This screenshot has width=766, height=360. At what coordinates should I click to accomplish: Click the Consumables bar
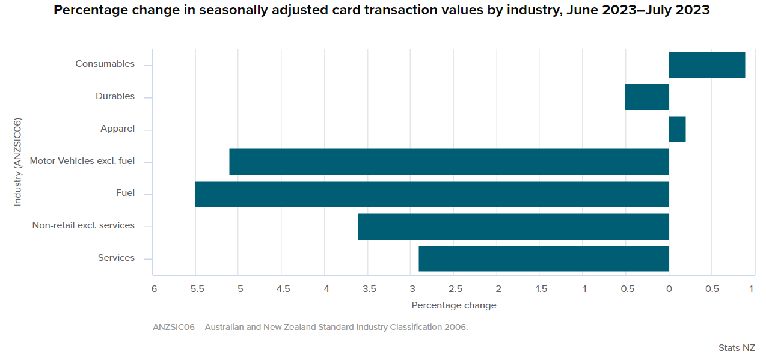click(x=706, y=65)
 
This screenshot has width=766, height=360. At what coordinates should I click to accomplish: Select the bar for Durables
click(x=647, y=97)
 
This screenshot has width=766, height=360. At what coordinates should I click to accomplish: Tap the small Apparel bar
click(x=677, y=129)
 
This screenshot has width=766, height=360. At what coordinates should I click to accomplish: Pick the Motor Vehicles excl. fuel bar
click(x=449, y=162)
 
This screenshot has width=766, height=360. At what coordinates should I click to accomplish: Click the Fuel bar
click(x=432, y=194)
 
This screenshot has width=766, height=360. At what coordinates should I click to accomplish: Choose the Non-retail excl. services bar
click(x=513, y=227)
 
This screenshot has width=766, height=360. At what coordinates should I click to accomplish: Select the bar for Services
click(x=544, y=258)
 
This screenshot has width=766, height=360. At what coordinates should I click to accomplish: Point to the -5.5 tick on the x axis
click(x=196, y=289)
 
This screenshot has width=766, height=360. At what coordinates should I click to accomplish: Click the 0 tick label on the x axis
click(x=669, y=289)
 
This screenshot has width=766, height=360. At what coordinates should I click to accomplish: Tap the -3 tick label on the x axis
click(x=411, y=289)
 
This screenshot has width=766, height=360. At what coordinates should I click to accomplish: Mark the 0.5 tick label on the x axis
click(x=711, y=289)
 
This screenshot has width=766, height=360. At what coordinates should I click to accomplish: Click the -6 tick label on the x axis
click(x=153, y=289)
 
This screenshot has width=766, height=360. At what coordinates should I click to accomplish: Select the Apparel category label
click(x=117, y=129)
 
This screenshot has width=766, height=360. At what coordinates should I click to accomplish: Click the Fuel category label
click(x=125, y=193)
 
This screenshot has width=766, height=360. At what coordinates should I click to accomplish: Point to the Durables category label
click(x=115, y=96)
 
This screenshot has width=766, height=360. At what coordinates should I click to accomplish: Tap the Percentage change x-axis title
click(x=454, y=305)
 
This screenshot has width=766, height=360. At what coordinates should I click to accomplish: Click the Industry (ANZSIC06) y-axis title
click(x=17, y=162)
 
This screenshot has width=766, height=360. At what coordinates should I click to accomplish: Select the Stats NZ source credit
click(x=737, y=348)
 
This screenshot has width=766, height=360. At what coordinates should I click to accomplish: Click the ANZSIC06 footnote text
click(x=310, y=328)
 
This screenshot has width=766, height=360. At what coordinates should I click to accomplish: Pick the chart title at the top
click(x=382, y=11)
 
